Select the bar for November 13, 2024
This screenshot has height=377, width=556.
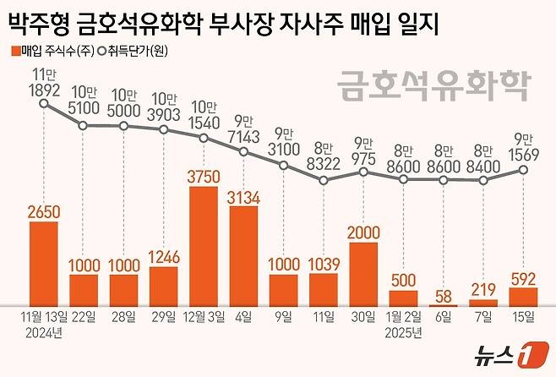[43, 263]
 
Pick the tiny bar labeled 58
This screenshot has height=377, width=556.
[443, 303]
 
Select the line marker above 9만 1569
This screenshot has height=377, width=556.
[523, 170]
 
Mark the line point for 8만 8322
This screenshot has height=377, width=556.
[324, 180]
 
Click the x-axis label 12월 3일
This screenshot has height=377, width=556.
[204, 317]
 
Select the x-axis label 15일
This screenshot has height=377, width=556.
[523, 317]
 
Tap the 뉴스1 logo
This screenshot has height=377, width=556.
[507, 354]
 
